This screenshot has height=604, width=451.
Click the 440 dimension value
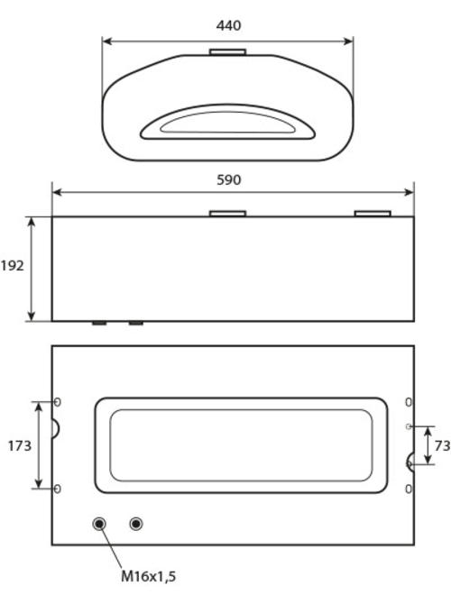click(228, 25)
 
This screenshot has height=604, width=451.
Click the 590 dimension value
click(228, 180)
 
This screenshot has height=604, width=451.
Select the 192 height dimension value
click(12, 265)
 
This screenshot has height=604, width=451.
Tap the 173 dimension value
click(20, 445)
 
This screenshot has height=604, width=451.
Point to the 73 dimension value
click(442, 445)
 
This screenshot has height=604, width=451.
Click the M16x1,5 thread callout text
click(149, 576)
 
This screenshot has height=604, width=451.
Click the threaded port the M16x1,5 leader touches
click(99, 524)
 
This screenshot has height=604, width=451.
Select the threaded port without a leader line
click(135, 524)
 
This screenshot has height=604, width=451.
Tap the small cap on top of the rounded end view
click(228, 52)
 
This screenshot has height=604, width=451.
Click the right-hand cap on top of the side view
click(373, 214)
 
